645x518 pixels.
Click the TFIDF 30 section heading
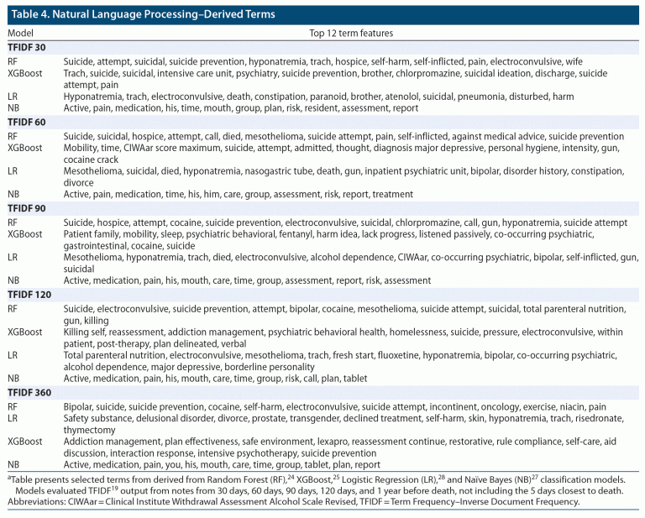(x=29, y=49)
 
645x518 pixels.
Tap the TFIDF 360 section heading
(x=31, y=392)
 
